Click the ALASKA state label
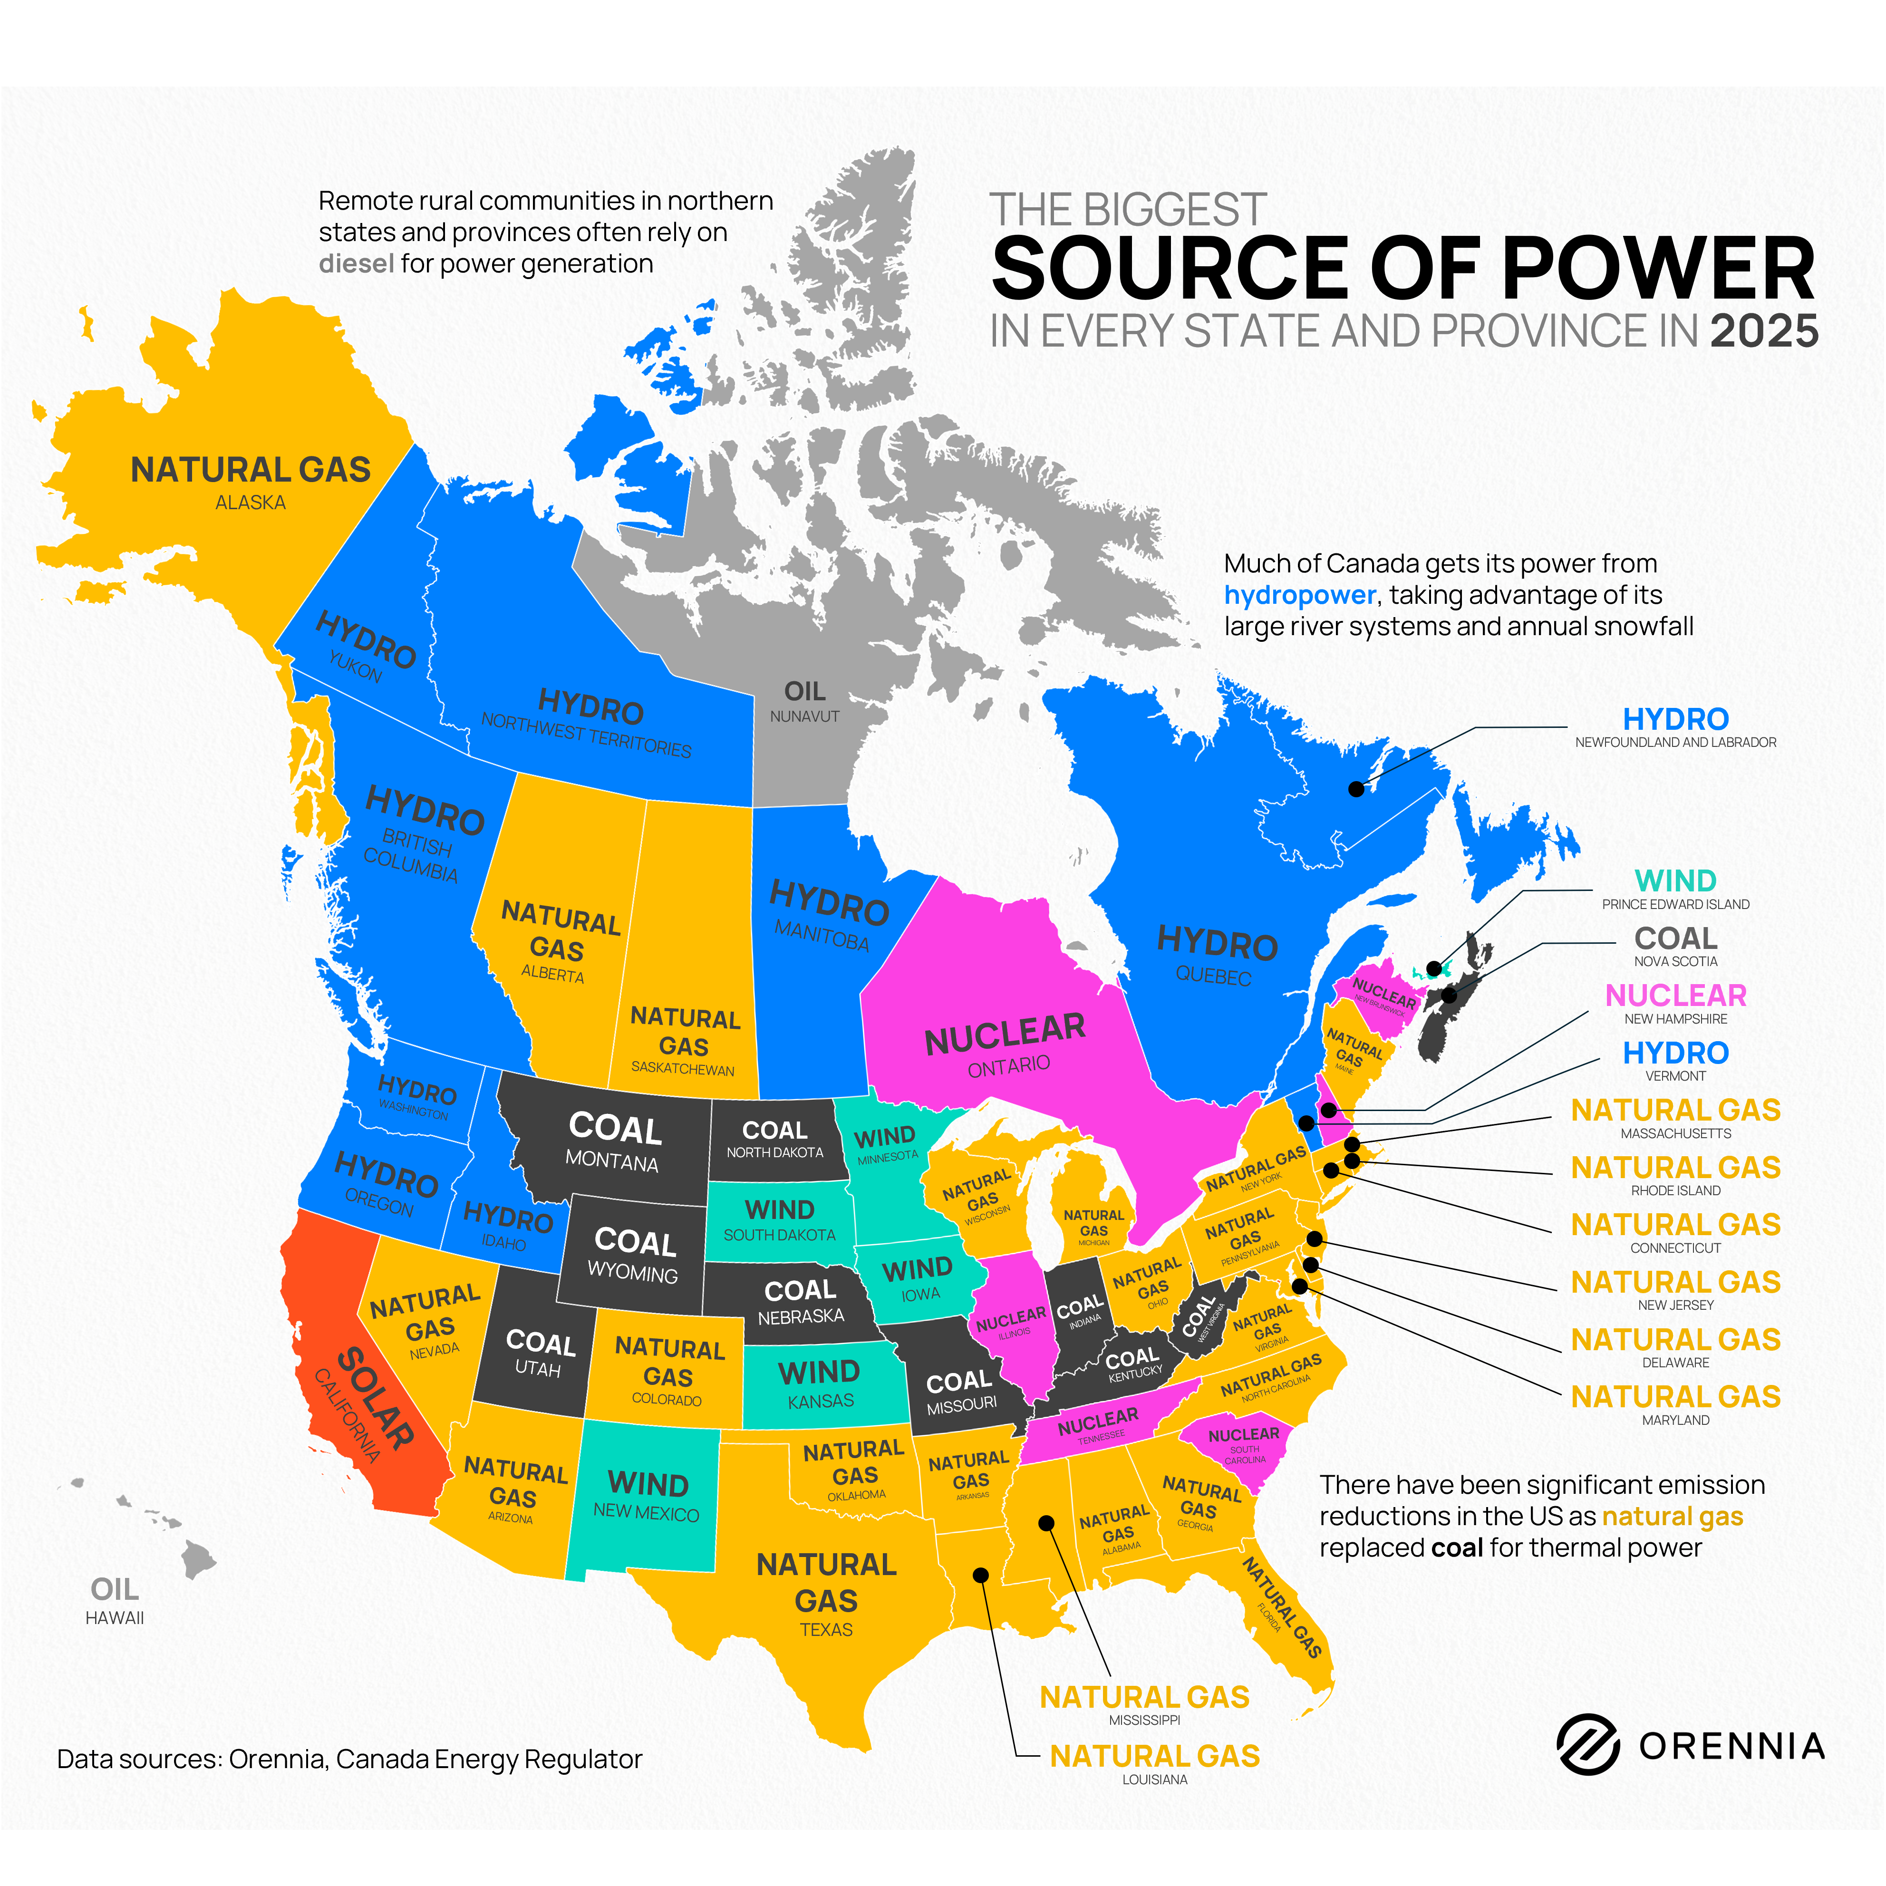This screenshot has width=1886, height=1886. click(x=251, y=503)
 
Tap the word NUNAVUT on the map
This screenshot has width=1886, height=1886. click(x=804, y=716)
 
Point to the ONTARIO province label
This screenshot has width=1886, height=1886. click(x=1008, y=1065)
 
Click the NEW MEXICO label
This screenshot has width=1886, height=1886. click(x=646, y=1513)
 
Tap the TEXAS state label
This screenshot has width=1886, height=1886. click(x=826, y=1629)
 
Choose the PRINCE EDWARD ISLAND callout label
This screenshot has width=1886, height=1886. click(x=1675, y=904)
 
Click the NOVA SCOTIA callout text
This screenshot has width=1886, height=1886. click(x=1675, y=962)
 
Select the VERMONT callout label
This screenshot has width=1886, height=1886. click(x=1675, y=1076)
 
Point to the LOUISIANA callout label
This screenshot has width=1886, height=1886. click(x=1155, y=1780)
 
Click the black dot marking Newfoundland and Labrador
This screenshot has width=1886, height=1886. click(x=1356, y=789)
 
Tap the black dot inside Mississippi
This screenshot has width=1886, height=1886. click(x=1045, y=1523)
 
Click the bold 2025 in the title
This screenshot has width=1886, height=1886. click(x=1764, y=332)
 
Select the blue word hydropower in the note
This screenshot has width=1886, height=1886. click(x=1299, y=596)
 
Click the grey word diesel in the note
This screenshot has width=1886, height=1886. click(x=356, y=263)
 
